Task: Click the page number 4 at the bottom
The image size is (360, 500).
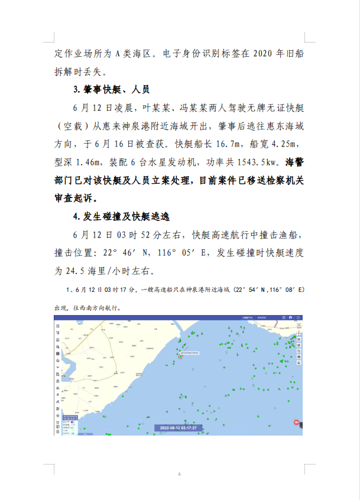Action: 180,474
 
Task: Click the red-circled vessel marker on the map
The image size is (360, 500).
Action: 180,356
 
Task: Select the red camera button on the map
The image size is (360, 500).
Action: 296,423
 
